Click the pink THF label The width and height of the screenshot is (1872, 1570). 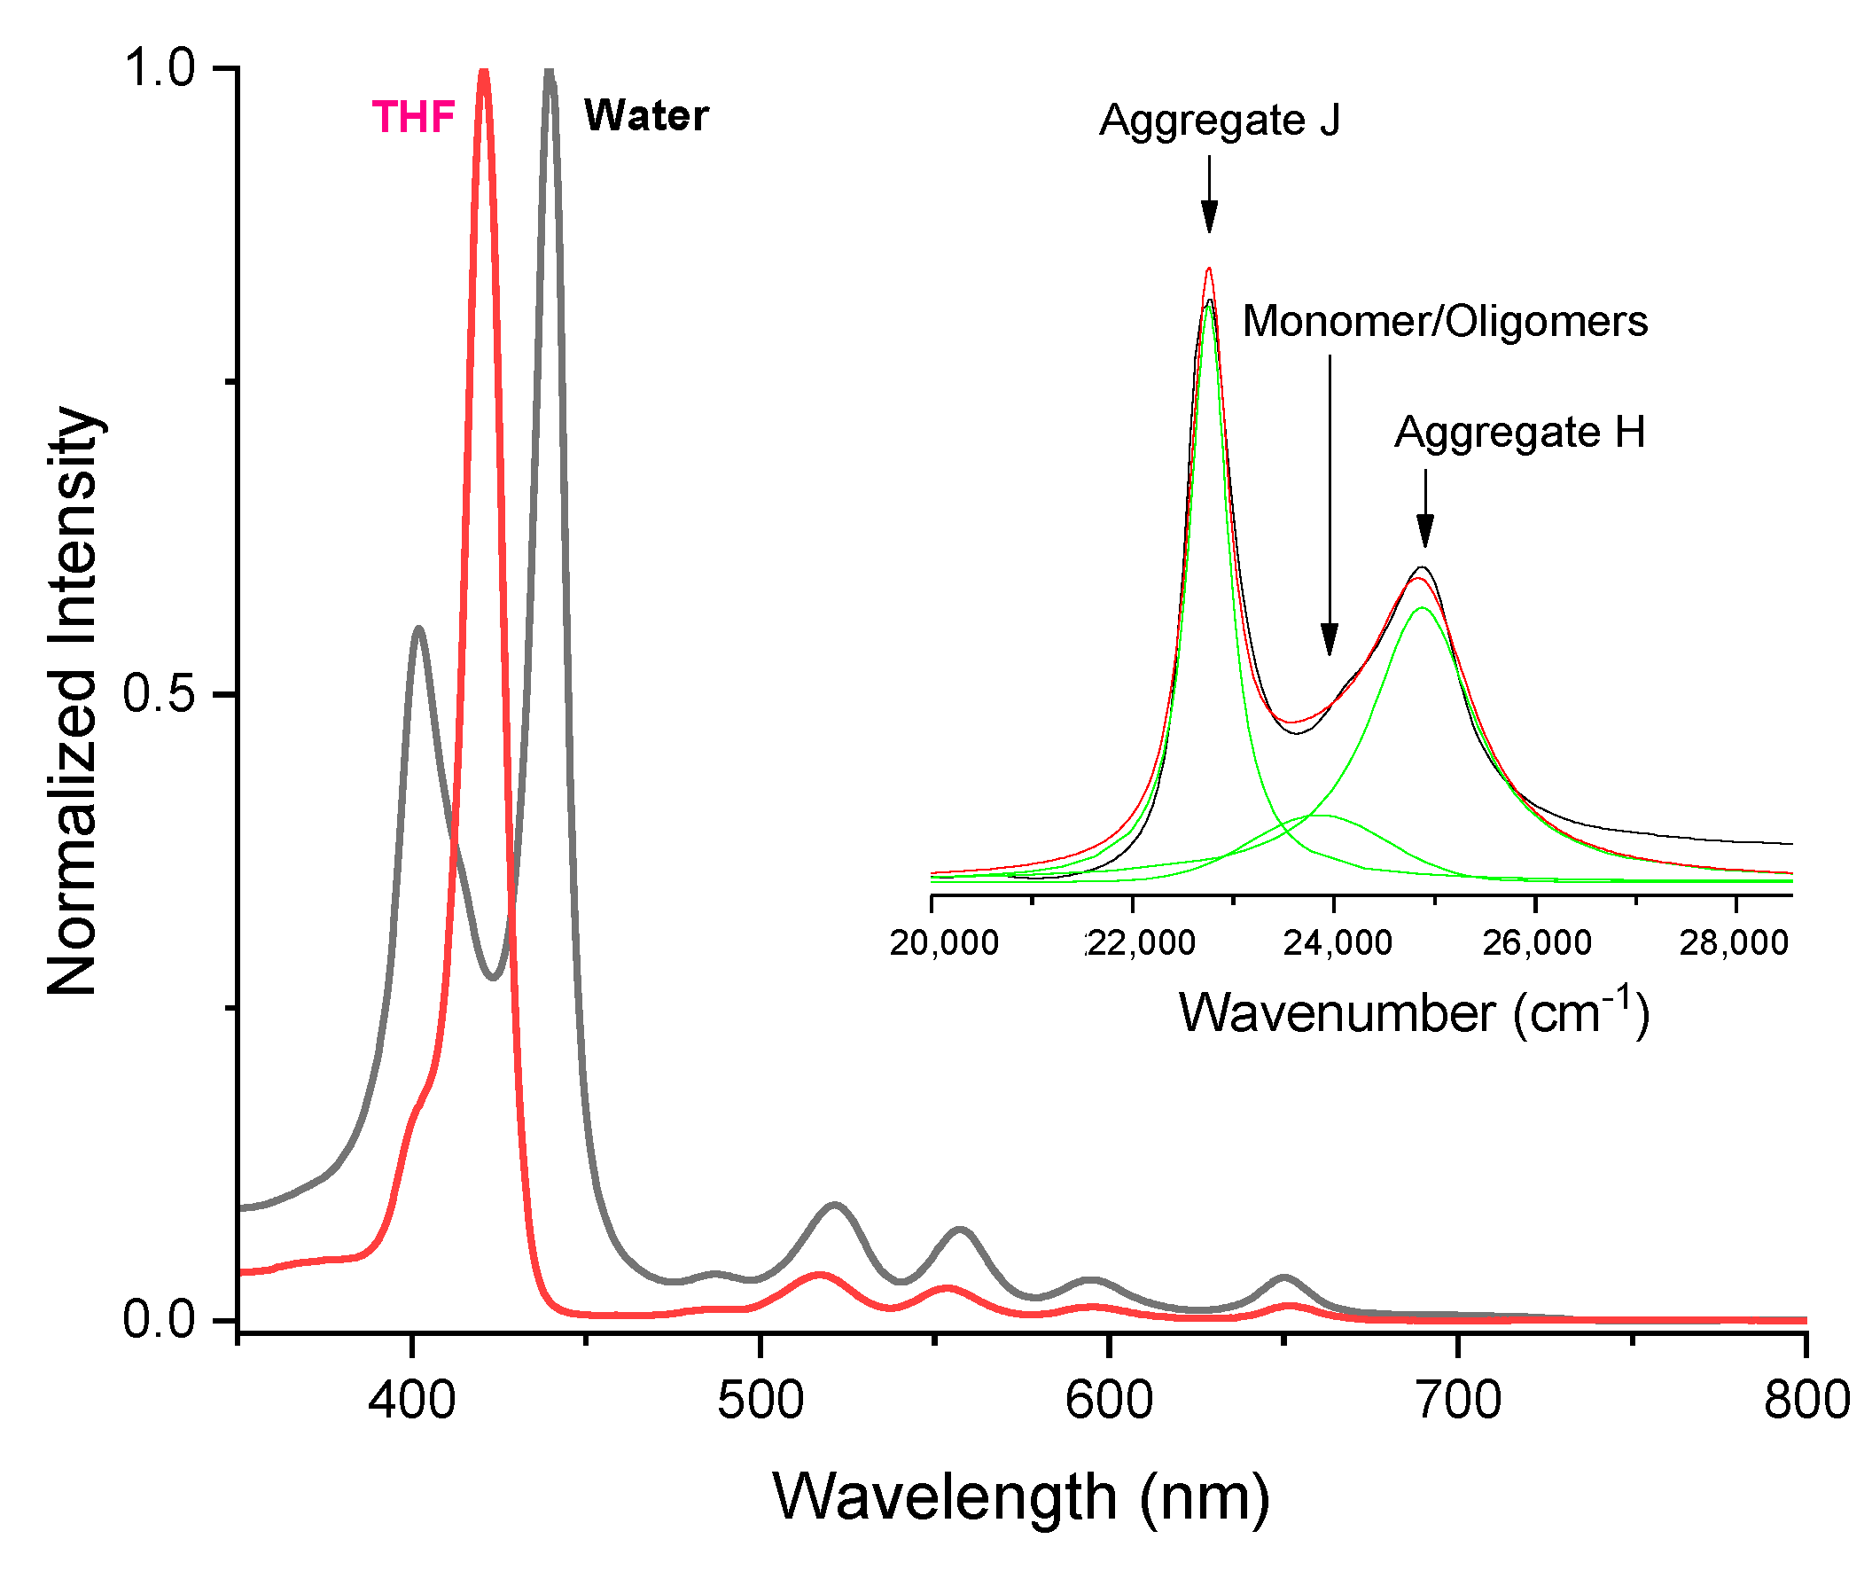(413, 117)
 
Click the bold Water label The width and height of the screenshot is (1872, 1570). (645, 116)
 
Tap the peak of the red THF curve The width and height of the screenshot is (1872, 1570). (484, 73)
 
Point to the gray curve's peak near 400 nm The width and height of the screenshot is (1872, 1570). (417, 629)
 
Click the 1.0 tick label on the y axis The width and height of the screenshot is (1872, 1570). (160, 67)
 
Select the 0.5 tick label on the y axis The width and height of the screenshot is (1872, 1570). (160, 693)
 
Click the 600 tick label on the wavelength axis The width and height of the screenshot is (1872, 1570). (1109, 1401)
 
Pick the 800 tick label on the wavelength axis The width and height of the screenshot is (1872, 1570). (1806, 1401)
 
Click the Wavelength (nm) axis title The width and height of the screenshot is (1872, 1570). (1021, 1497)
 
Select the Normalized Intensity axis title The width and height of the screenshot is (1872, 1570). (73, 700)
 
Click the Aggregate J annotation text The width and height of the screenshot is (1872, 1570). (1219, 121)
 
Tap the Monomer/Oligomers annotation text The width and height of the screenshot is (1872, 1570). (1444, 322)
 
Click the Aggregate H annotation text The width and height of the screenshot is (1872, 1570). (1519, 433)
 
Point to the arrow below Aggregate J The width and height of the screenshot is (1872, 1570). (1209, 194)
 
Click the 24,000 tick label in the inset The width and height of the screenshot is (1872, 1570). (1338, 943)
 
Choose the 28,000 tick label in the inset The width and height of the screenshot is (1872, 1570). (1734, 943)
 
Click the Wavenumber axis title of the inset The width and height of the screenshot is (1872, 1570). (1414, 1012)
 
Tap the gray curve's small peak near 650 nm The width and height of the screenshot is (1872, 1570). (1283, 1278)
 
